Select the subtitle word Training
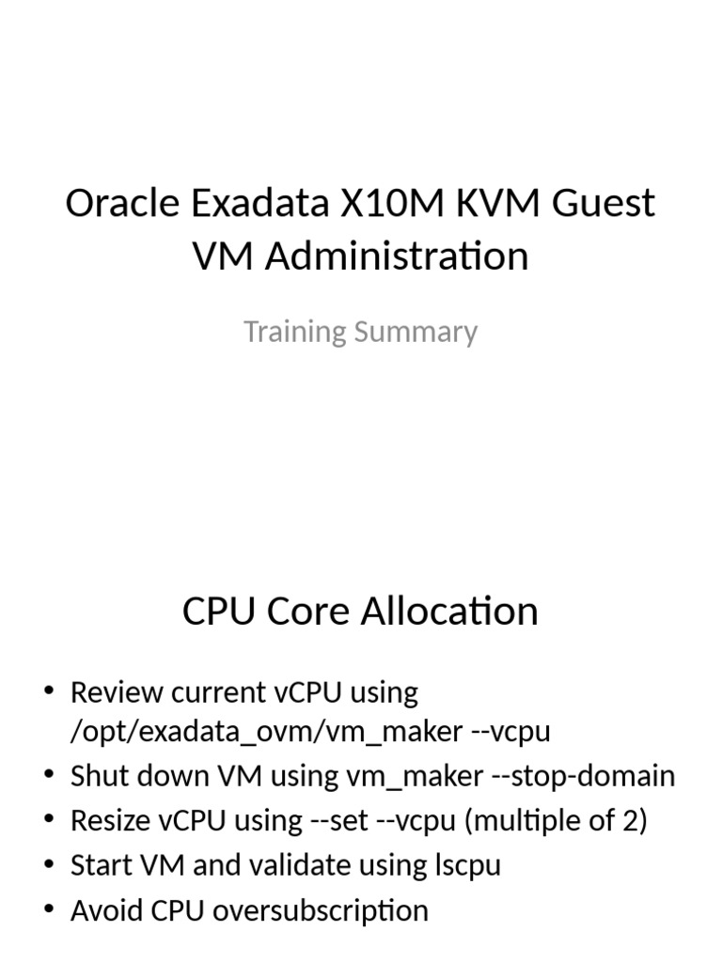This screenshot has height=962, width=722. point(292,332)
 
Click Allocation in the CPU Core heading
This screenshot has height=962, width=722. point(449,612)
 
